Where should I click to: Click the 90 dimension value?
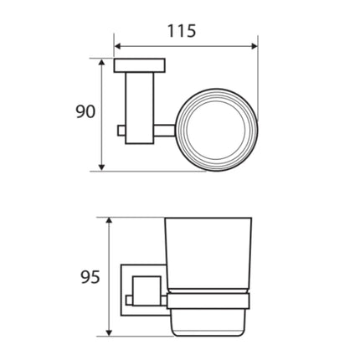[85, 111]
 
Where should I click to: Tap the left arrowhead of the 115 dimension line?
[118, 46]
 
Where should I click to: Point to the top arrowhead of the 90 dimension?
[102, 64]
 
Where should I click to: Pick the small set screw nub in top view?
[121, 131]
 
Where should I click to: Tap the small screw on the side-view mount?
[130, 298]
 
